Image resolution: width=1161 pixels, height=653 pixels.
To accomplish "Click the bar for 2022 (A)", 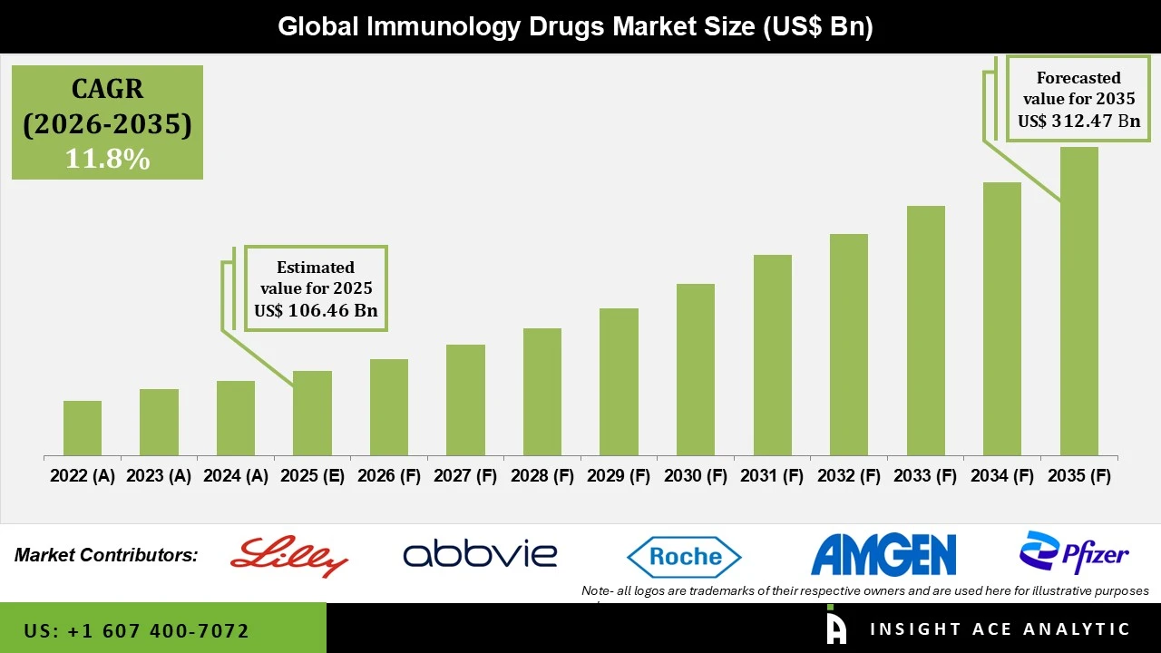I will [83, 428].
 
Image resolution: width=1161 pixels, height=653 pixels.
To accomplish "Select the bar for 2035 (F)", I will [1078, 301].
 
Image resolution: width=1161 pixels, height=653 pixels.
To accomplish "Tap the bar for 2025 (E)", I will [312, 413].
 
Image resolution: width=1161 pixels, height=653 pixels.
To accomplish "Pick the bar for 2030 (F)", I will [696, 369].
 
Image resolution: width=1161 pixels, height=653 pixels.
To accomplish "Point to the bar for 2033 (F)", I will [925, 330].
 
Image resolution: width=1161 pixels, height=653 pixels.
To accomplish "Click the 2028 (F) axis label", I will [542, 476].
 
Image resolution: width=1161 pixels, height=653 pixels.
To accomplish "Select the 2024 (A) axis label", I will [236, 476].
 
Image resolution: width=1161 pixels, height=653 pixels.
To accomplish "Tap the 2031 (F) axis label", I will [773, 476].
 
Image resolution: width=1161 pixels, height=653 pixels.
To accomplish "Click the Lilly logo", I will [289, 556].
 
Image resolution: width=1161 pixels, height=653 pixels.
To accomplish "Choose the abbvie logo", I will [480, 554].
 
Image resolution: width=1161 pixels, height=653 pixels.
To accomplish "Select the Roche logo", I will [685, 556].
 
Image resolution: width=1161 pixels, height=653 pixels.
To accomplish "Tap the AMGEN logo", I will [883, 555].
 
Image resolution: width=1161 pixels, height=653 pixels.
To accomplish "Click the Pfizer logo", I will [1074, 552].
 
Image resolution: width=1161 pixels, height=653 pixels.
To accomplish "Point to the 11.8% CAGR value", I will [107, 159].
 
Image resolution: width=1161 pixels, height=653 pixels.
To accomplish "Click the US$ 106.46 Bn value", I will [316, 311].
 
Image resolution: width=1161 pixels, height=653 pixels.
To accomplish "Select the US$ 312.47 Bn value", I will [1078, 121].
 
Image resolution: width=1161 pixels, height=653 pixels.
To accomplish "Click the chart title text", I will [575, 26].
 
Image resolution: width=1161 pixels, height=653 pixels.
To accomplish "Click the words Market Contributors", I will [106, 555].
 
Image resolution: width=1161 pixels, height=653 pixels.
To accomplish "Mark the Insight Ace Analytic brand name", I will [1000, 629].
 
